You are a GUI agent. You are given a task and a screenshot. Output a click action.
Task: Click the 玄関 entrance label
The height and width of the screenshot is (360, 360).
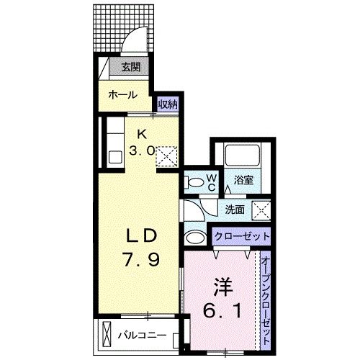point(130,68)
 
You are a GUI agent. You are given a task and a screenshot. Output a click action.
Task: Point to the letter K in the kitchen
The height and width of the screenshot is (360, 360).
point(143,135)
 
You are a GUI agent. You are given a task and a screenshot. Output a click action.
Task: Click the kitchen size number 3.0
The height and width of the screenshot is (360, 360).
point(143,150)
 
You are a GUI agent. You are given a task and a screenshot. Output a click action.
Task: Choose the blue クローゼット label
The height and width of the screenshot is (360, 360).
point(240,236)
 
